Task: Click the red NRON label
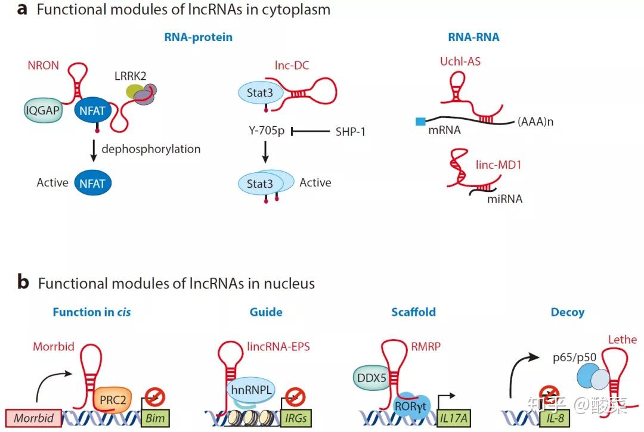(x=43, y=66)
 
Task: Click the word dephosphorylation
(x=151, y=149)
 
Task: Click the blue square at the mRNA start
(x=420, y=122)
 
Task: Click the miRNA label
(x=504, y=199)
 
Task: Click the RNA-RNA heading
(x=473, y=38)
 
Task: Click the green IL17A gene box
(x=453, y=418)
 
